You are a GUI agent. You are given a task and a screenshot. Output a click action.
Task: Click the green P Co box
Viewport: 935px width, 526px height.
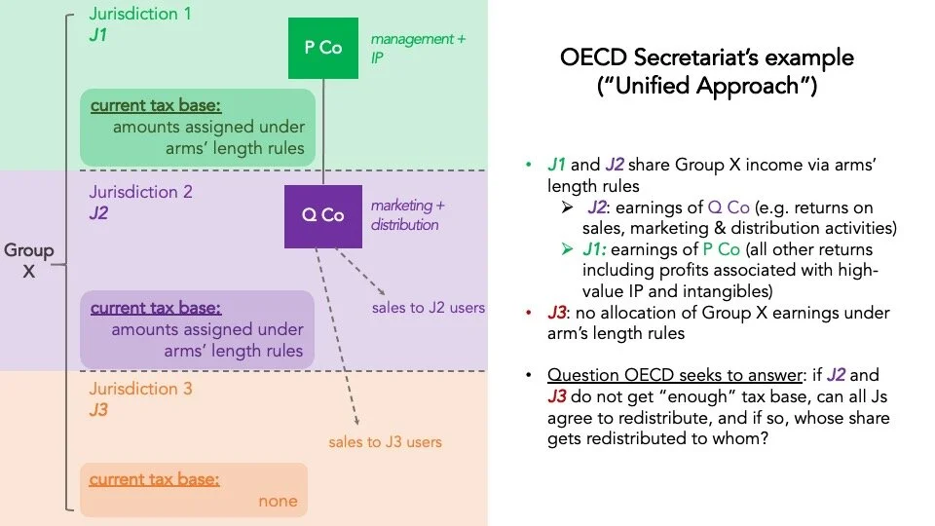pyautogui.click(x=323, y=47)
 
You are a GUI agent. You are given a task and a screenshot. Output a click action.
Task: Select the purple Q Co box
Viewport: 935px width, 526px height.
pyautogui.click(x=323, y=215)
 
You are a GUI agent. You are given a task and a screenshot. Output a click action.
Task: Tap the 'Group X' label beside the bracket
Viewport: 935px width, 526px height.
pyautogui.click(x=28, y=261)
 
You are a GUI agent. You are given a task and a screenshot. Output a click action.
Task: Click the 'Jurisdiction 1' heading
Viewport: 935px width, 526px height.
pyautogui.click(x=140, y=14)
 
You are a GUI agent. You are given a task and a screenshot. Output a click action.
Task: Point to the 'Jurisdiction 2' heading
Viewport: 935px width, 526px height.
pyautogui.click(x=140, y=191)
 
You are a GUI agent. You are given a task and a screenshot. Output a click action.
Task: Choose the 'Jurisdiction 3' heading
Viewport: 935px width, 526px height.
pyautogui.click(x=140, y=389)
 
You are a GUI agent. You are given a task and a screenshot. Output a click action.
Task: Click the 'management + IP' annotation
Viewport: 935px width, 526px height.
pyautogui.click(x=411, y=48)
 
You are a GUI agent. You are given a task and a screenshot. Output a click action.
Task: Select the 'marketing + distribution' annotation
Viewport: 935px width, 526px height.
pyautogui.click(x=407, y=215)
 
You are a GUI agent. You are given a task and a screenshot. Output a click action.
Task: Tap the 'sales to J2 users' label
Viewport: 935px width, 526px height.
pyautogui.click(x=429, y=308)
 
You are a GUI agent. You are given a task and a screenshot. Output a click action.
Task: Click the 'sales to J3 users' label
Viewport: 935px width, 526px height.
pyautogui.click(x=385, y=441)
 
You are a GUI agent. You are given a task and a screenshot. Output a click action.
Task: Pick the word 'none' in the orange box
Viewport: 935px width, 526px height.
pyautogui.click(x=278, y=502)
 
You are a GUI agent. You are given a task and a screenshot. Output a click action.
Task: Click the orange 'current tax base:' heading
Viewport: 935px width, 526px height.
pyautogui.click(x=154, y=479)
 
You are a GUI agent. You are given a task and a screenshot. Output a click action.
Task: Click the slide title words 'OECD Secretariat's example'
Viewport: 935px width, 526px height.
pyautogui.click(x=706, y=57)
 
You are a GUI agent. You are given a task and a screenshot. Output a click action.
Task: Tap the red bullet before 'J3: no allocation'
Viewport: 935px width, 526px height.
pyautogui.click(x=527, y=313)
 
